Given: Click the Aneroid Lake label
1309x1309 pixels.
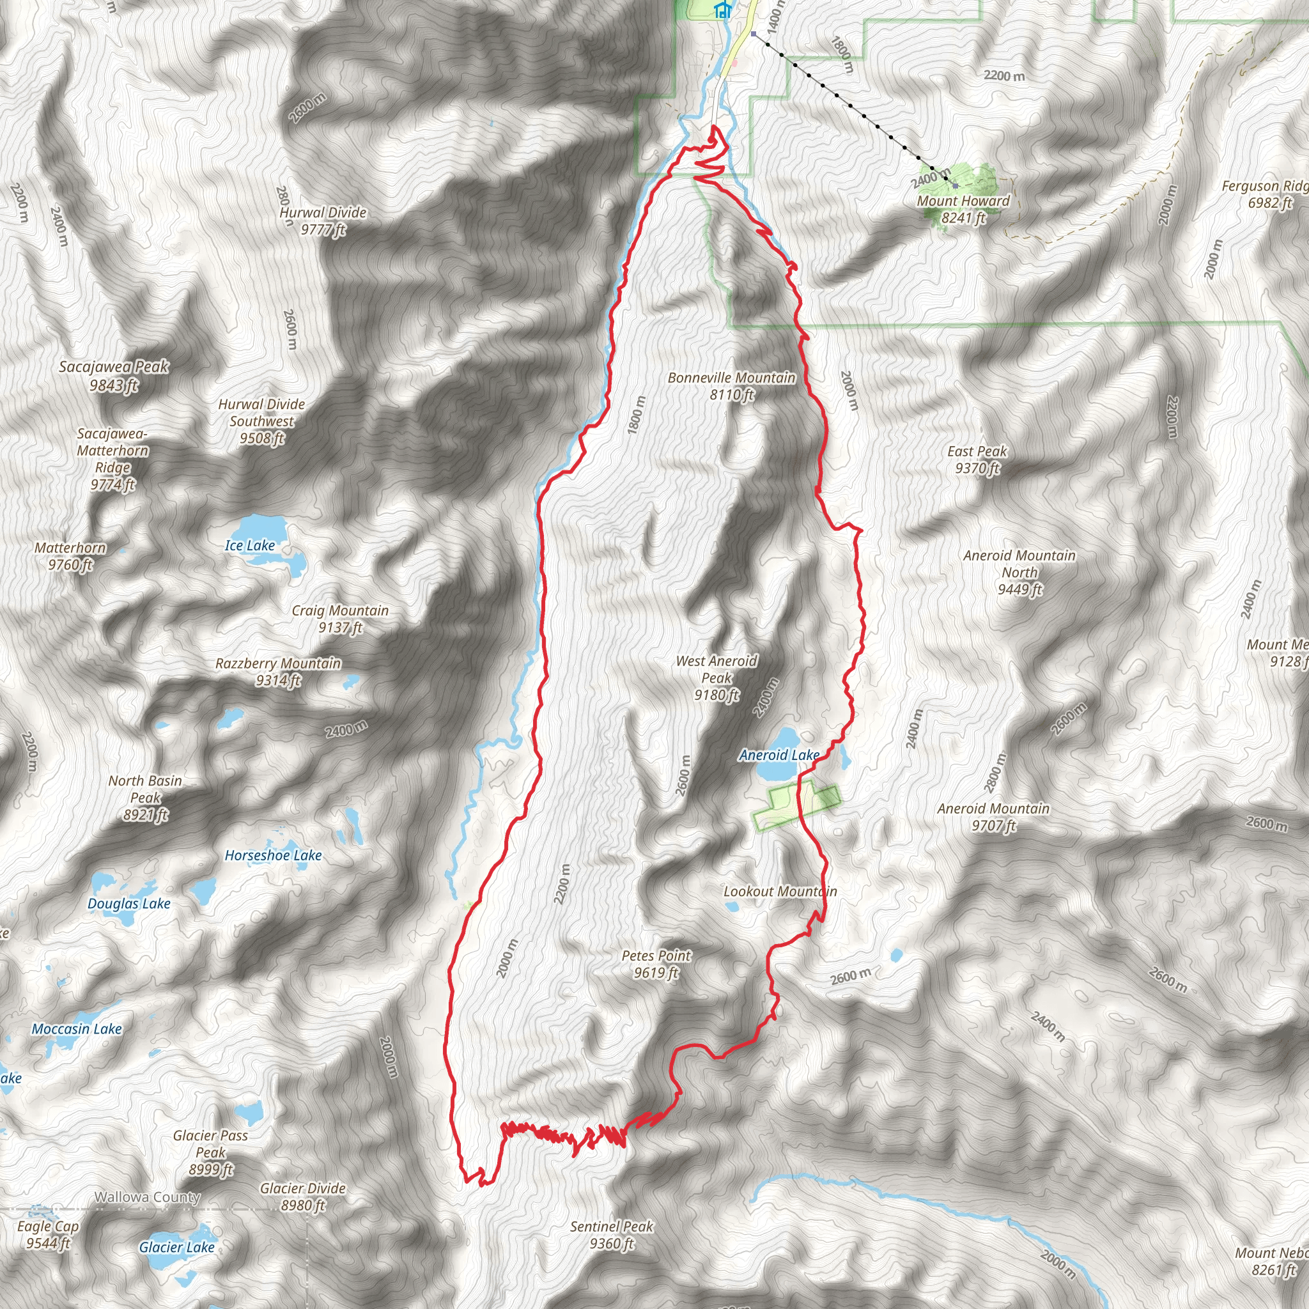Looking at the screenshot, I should [x=779, y=755].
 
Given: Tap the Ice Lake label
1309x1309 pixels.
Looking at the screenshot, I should [x=250, y=545].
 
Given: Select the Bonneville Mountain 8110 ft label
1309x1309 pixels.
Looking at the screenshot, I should [x=732, y=386].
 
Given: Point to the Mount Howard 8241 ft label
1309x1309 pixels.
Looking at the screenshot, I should [x=963, y=210].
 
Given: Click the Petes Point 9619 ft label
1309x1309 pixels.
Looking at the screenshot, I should [x=656, y=964].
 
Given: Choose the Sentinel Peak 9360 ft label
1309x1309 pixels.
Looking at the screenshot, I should [x=611, y=1234].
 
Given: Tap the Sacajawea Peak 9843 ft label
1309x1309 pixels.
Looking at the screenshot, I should [x=114, y=376].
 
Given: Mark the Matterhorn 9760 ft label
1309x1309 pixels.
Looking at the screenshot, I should [x=70, y=556].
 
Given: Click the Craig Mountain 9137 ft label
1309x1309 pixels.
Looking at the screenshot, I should [x=340, y=619].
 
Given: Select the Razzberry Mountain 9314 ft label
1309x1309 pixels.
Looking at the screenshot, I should [x=279, y=672].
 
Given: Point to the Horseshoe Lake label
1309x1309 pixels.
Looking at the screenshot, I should [x=273, y=856].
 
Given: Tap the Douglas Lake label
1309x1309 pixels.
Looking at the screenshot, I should [x=128, y=904].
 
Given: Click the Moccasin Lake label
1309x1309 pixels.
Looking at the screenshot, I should [x=77, y=1029].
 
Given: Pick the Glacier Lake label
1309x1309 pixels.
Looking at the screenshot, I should [x=177, y=1248].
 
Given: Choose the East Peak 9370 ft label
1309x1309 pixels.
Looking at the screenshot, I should [x=977, y=460].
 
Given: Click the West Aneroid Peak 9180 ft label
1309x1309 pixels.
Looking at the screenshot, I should [x=717, y=678].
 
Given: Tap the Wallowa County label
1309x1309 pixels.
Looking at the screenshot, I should [x=147, y=1197].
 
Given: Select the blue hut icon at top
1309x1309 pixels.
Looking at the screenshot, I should [x=723, y=10].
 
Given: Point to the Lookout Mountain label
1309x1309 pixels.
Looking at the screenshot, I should [x=780, y=892].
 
